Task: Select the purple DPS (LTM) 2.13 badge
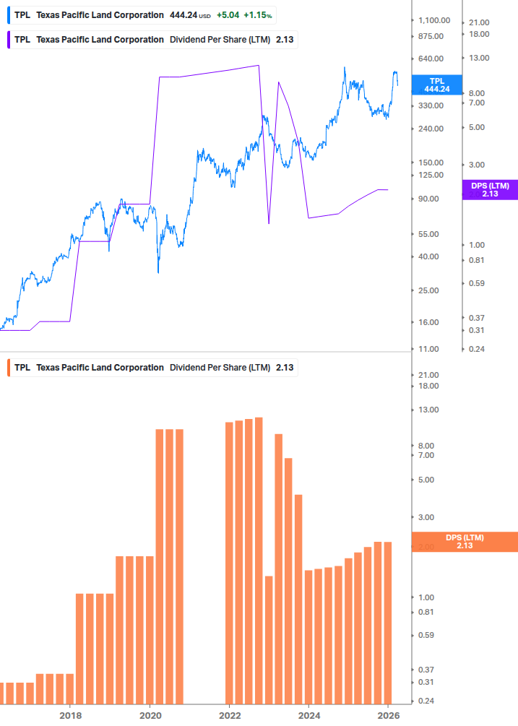[490, 189]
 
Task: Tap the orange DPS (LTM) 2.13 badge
[464, 541]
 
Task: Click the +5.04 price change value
[228, 15]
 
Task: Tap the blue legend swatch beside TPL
[8, 15]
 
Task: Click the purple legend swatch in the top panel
[8, 39]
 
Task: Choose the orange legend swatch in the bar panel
[8, 368]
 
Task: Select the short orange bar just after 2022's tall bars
[269, 639]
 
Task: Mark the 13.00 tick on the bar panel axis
[429, 410]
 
